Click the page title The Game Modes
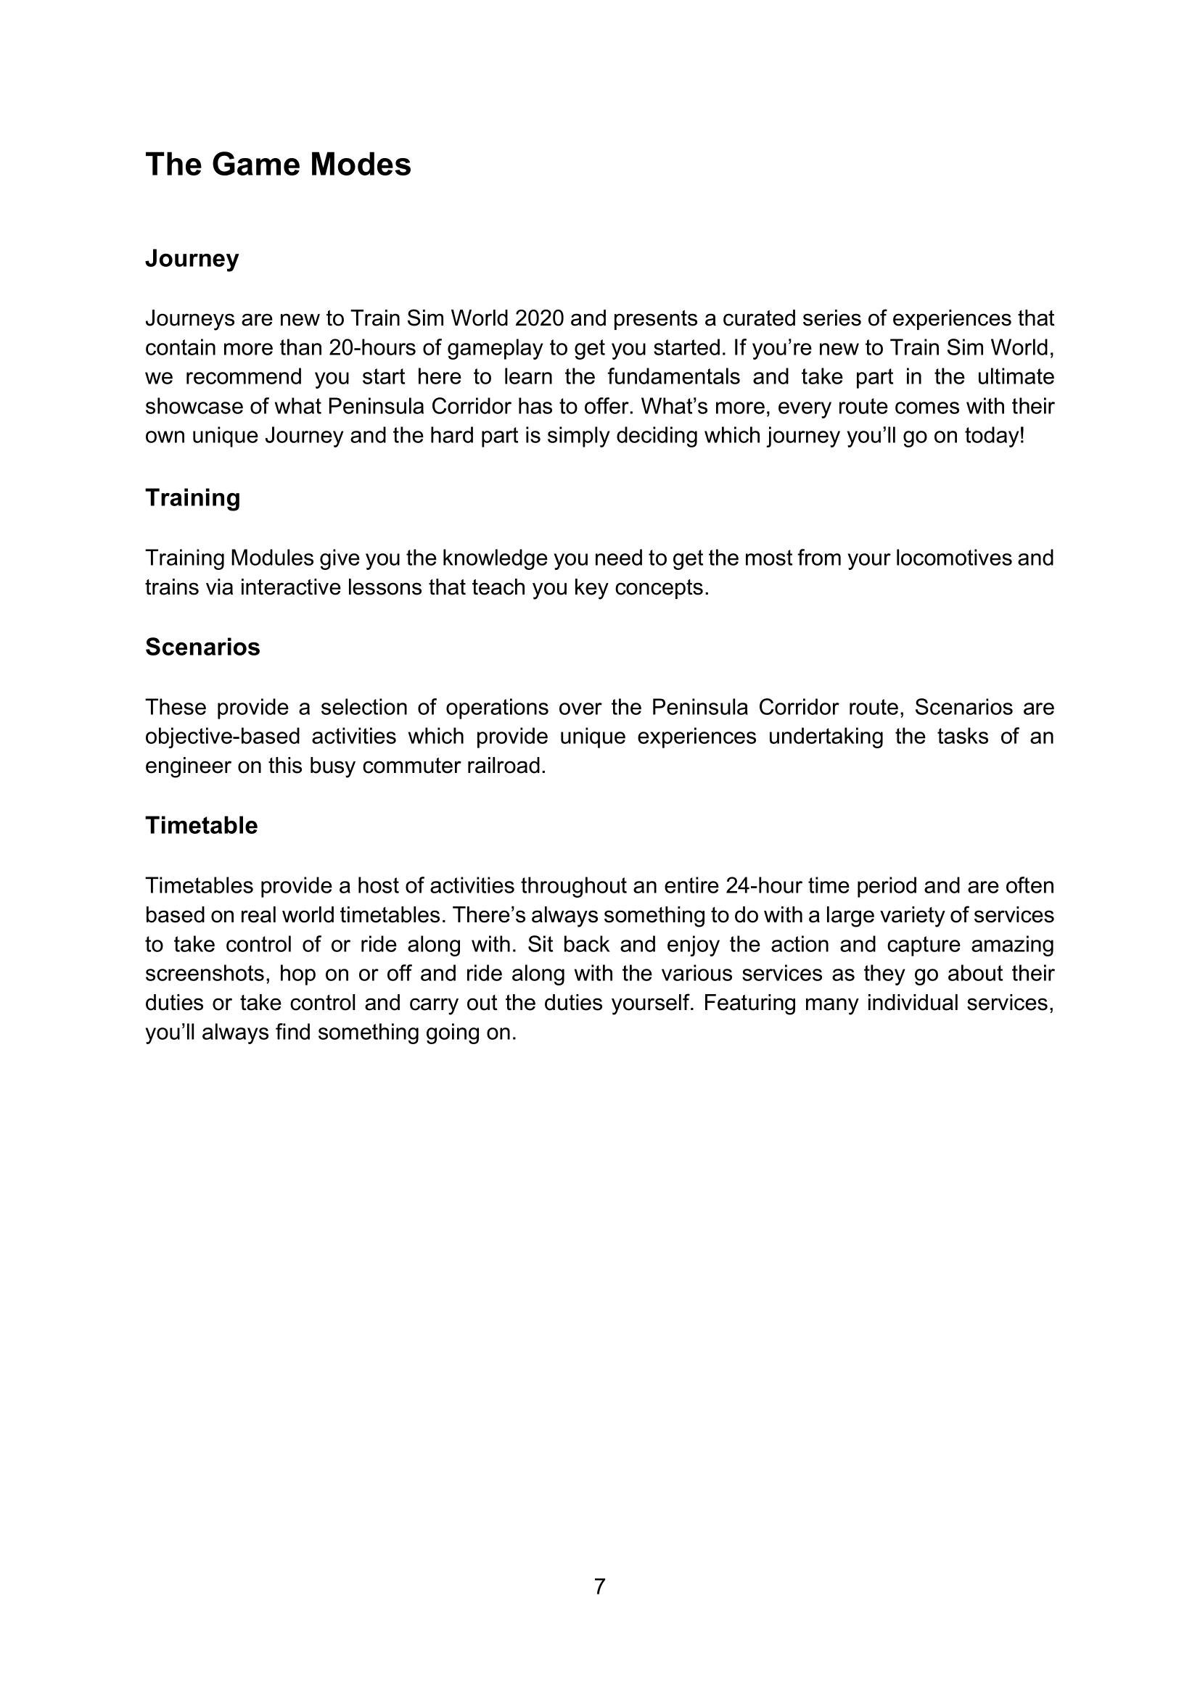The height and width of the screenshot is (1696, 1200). (x=278, y=164)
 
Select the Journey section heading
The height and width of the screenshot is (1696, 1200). (x=192, y=259)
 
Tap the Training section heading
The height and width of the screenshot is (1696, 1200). (x=193, y=498)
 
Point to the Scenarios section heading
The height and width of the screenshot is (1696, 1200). (x=202, y=647)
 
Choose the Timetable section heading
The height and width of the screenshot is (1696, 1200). (x=201, y=825)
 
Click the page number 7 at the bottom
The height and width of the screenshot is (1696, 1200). (x=599, y=1586)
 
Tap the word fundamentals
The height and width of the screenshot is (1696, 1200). (x=673, y=377)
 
